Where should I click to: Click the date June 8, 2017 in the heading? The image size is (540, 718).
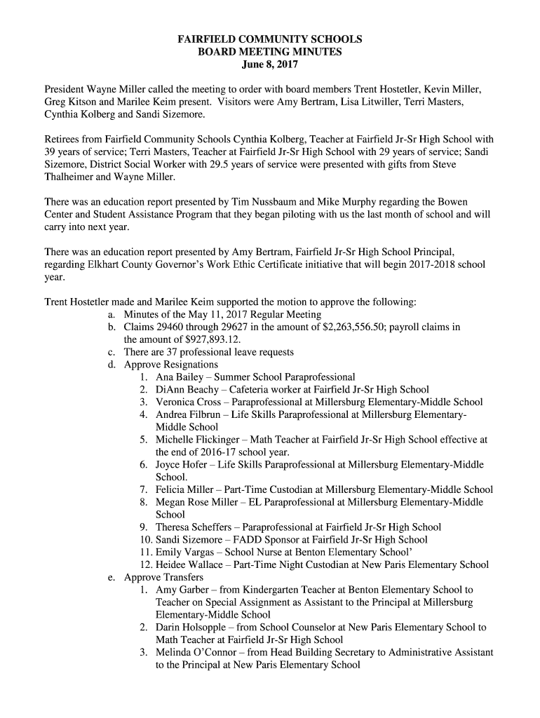(x=270, y=65)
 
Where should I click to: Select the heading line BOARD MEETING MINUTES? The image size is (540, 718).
(x=270, y=52)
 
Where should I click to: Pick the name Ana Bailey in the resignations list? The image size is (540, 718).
(x=177, y=377)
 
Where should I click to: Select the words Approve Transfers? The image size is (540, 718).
(x=163, y=577)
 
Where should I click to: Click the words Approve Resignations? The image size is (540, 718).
(x=170, y=365)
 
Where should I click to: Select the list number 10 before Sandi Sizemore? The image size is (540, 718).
(x=146, y=539)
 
